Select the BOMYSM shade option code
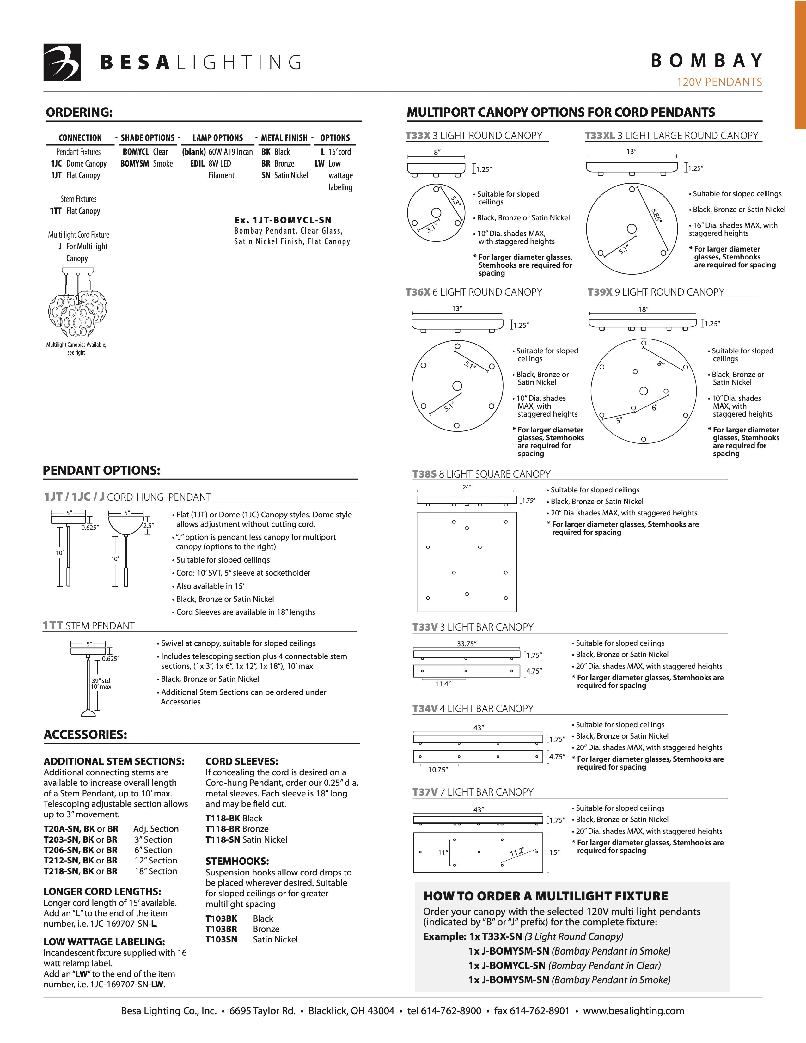click(x=134, y=164)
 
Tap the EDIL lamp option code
click(x=197, y=164)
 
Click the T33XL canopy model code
click(x=599, y=136)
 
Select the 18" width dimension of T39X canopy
click(x=643, y=309)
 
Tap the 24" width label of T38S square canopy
click(x=467, y=487)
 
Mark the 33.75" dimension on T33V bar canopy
click(x=467, y=644)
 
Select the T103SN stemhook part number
click(x=221, y=939)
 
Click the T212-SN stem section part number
click(x=62, y=861)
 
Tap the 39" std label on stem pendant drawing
click(x=101, y=680)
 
